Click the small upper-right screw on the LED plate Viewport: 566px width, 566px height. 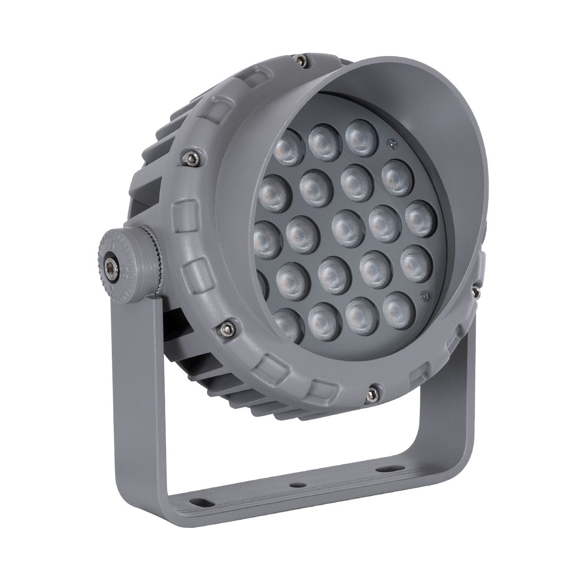390,143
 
